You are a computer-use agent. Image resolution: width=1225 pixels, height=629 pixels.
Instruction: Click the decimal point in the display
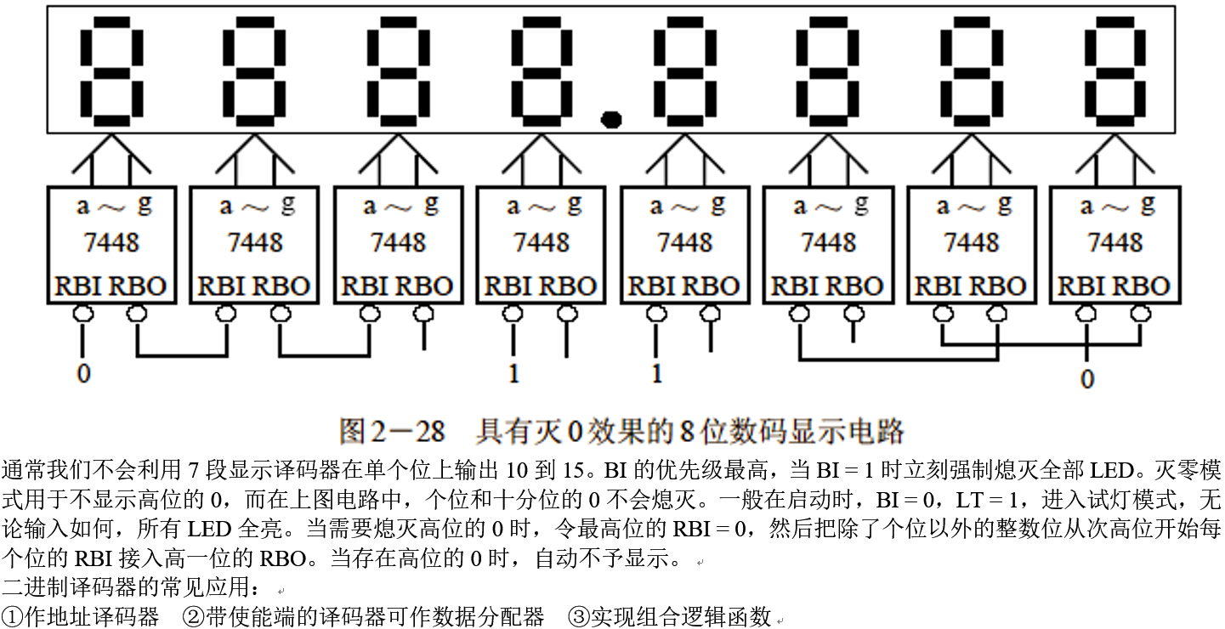[x=610, y=118]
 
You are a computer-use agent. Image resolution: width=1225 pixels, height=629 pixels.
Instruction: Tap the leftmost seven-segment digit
[x=111, y=75]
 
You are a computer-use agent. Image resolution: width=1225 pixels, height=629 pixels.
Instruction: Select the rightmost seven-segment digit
[x=1114, y=75]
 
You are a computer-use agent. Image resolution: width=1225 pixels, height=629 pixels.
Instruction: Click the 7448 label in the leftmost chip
[x=111, y=242]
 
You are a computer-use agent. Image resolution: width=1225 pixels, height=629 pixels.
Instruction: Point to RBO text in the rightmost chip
[x=1142, y=286]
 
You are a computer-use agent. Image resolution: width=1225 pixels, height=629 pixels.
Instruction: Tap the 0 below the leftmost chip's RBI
[x=82, y=373]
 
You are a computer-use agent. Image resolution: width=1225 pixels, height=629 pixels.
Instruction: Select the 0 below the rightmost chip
[x=1086, y=379]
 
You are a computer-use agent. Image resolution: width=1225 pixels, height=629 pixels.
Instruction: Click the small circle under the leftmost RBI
[x=82, y=314]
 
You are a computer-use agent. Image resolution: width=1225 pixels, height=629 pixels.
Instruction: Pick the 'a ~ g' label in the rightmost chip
[x=1115, y=206]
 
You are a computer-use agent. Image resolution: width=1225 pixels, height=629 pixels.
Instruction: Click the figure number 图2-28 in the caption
[x=392, y=431]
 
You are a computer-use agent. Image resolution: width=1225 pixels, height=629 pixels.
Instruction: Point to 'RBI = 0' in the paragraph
[x=712, y=530]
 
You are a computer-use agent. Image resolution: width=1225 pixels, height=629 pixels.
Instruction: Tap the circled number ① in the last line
[x=13, y=616]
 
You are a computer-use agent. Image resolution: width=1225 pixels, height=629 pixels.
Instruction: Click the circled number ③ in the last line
[x=580, y=616]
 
